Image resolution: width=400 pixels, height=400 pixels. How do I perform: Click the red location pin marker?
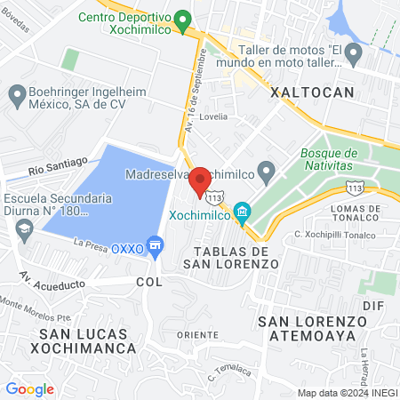(x=200, y=181)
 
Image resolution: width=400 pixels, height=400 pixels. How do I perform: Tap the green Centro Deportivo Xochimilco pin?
(x=183, y=19)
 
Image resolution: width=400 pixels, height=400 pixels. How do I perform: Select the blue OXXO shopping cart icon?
(x=156, y=244)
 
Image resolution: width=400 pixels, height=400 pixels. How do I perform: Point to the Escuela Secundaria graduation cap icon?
(x=23, y=229)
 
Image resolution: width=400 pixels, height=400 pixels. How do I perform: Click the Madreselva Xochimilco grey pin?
(x=266, y=170)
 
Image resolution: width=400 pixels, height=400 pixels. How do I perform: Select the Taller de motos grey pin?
(x=354, y=55)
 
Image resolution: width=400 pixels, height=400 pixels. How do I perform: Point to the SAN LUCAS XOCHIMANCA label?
(x=84, y=341)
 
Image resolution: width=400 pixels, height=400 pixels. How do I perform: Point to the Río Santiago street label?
(x=58, y=164)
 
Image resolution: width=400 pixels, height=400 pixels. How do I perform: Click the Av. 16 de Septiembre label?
(x=202, y=76)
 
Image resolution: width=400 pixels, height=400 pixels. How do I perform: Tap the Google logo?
(x=29, y=388)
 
